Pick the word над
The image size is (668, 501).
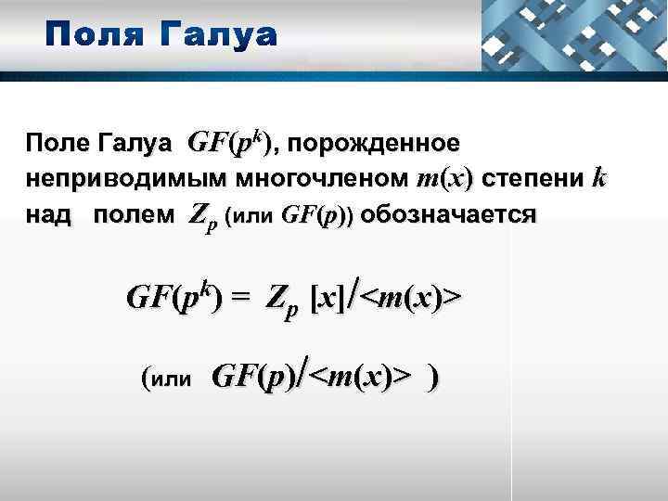coord(47,215)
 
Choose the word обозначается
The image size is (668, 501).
coord(449,215)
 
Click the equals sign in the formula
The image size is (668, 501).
coord(241,298)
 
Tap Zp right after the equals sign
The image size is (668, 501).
coord(281,300)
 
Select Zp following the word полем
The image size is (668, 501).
coord(202,217)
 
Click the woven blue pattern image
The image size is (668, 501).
coord(574,35)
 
